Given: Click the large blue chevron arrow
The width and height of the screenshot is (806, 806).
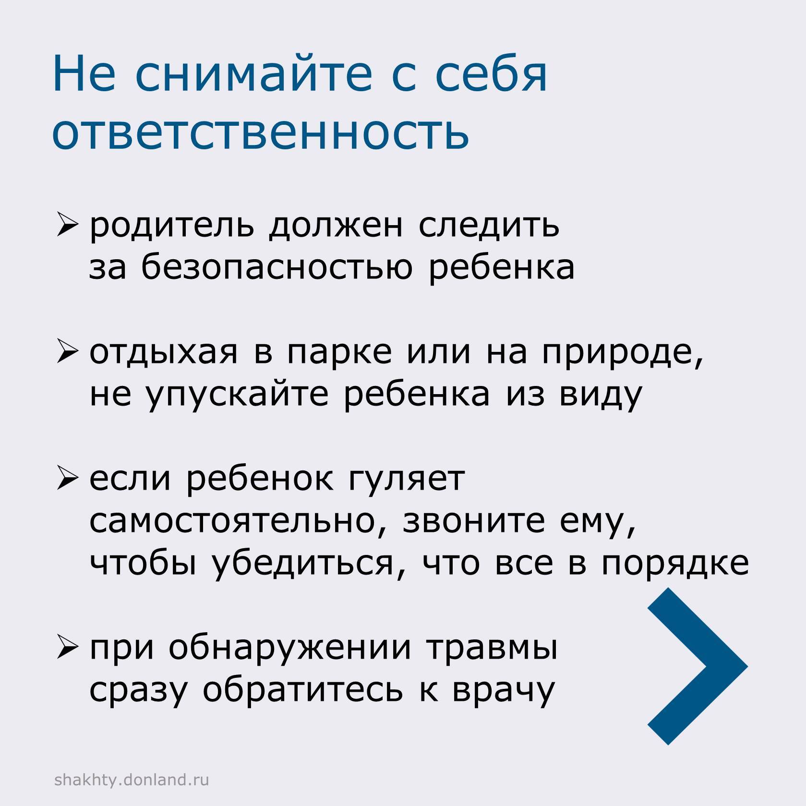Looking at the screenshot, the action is pos(697,666).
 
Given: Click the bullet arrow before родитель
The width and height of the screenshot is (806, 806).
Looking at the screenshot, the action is pos(66,225).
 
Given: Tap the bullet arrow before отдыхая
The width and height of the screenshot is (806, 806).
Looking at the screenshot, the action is pos(66,352).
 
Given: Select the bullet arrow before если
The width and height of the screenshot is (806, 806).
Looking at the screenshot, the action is pos(66,479).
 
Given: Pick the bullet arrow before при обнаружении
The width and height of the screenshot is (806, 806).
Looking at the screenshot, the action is pos(66,648).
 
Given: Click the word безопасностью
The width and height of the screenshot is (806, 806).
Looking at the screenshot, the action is pos(277,267).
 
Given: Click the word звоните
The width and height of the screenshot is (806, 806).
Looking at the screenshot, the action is pos(474,521).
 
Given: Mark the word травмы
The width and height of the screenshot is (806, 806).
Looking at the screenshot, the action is pos(492,648).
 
